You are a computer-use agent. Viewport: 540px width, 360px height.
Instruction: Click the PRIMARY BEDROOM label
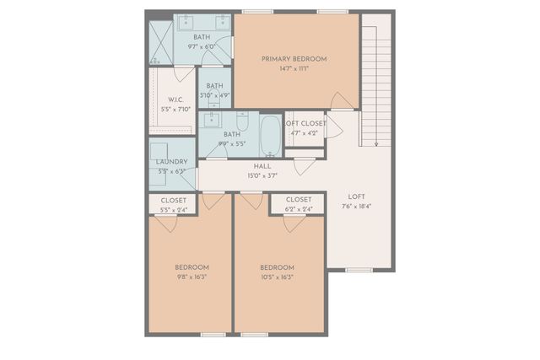(x=294, y=58)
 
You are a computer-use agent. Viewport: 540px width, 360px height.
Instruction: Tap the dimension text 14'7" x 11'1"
(x=294, y=68)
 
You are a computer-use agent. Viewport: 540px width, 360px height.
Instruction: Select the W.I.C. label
(x=175, y=99)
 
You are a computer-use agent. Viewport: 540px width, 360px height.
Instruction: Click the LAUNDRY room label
(x=171, y=162)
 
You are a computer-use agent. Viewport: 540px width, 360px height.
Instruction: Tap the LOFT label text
(x=356, y=196)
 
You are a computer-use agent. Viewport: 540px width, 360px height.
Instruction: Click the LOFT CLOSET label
(x=304, y=124)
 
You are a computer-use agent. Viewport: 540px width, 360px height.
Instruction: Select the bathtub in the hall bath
(x=270, y=135)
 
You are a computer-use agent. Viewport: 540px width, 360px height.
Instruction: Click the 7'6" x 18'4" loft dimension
(x=356, y=206)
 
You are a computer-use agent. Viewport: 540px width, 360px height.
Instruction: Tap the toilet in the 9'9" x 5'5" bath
(x=242, y=122)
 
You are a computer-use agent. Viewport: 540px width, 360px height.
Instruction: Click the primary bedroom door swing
(x=342, y=101)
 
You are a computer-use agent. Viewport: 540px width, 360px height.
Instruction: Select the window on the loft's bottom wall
(x=359, y=270)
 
